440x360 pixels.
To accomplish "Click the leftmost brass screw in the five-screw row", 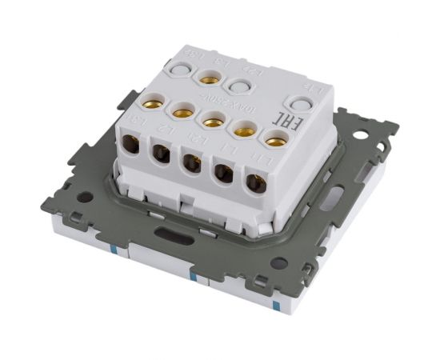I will coord(150,102).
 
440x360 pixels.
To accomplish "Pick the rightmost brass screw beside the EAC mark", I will coord(275,142).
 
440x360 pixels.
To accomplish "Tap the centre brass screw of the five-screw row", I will coord(212,122).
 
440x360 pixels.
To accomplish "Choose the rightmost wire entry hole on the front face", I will coord(255,182).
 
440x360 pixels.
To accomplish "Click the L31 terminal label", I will coord(136,122).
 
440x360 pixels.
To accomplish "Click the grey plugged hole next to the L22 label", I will coord(238,86).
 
